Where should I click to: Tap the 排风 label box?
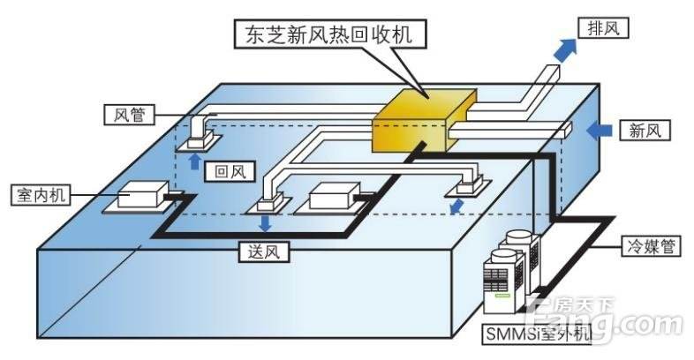pos(602,28)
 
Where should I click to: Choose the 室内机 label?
pos(37,192)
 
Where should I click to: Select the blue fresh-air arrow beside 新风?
pos(602,130)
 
